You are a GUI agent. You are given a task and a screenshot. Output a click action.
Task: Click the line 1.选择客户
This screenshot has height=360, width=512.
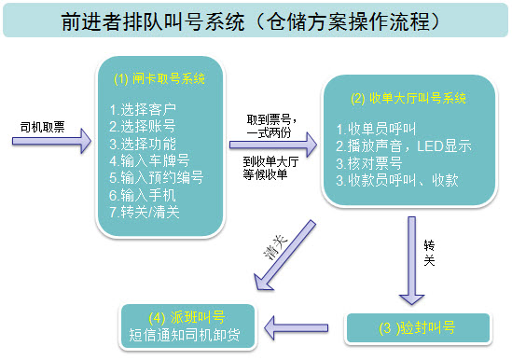tap(142, 110)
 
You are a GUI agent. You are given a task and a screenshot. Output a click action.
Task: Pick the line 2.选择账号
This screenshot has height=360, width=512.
tap(142, 127)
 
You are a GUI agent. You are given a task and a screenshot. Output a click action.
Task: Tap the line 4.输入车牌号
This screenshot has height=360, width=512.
tap(149, 160)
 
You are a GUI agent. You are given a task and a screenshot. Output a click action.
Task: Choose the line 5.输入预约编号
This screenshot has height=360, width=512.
tap(156, 177)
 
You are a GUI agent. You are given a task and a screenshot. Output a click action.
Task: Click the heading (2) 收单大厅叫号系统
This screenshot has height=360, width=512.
tap(407, 97)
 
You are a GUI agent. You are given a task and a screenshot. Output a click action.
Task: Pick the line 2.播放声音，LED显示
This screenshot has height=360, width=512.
tap(403, 146)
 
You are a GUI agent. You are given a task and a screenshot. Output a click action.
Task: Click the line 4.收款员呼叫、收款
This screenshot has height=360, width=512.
tap(396, 180)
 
